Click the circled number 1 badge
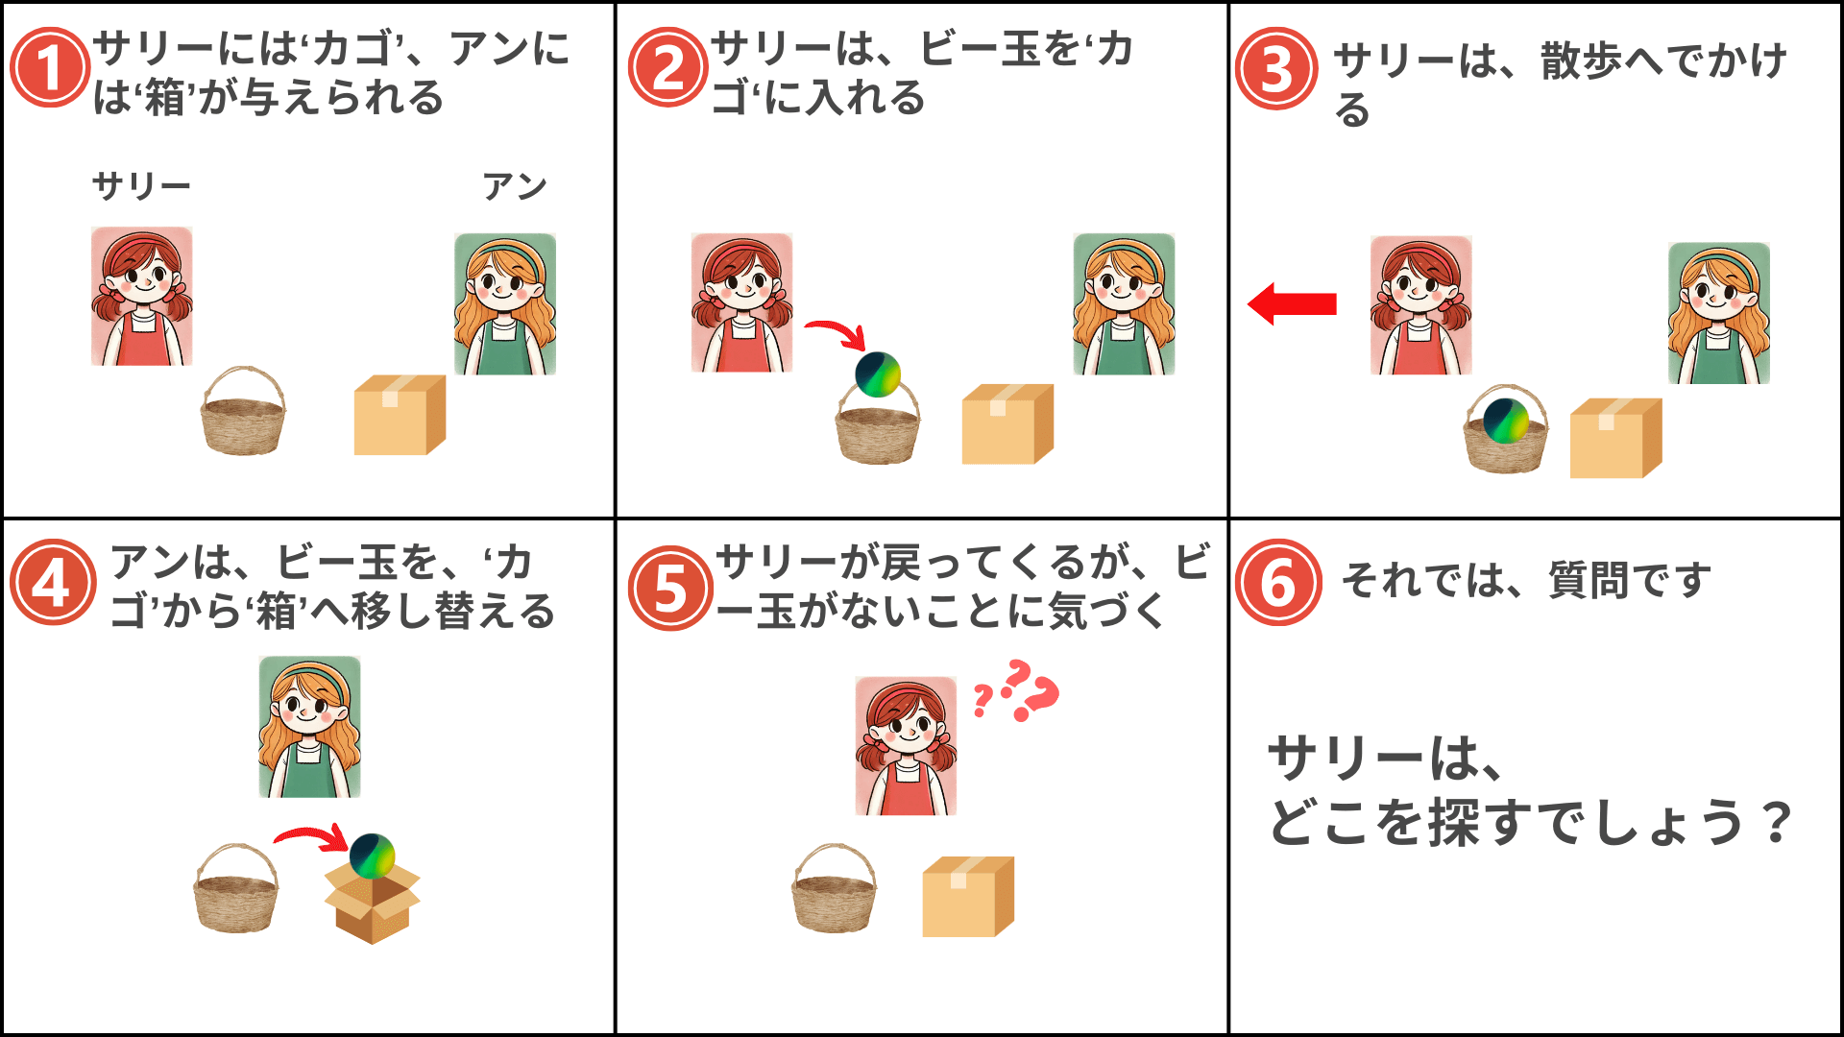pos(49,68)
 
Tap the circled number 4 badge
pos(53,583)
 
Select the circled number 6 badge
pos(1278,583)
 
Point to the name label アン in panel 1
pos(515,185)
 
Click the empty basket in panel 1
pos(243,411)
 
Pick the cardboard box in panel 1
pos(400,415)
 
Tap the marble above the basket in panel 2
pos(878,374)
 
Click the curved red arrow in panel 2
pos(837,333)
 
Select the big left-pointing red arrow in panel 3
pos(1292,303)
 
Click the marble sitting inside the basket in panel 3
pos(1506,421)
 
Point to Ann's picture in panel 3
pos(1719,313)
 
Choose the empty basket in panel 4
pos(236,888)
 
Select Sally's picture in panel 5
pos(906,746)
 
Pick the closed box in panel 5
pos(968,897)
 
